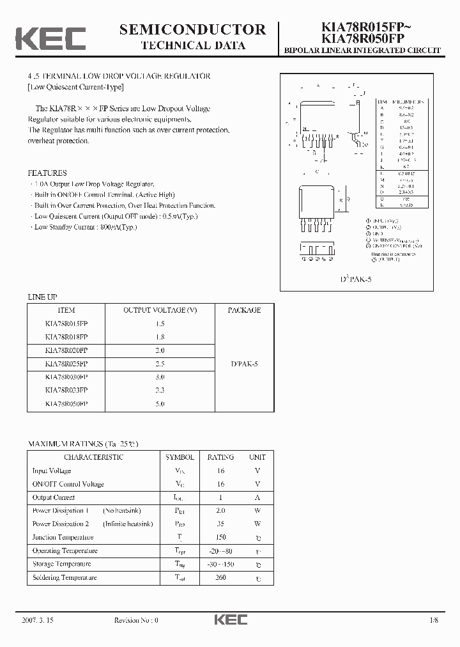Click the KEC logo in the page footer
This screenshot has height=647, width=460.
click(230, 620)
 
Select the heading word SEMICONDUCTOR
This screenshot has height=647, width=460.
click(192, 29)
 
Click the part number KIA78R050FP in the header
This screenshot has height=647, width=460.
click(361, 39)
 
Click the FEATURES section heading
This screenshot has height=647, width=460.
click(47, 173)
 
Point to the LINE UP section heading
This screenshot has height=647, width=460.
click(42, 297)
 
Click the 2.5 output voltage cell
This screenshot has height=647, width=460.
click(160, 364)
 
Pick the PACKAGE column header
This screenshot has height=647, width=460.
click(244, 310)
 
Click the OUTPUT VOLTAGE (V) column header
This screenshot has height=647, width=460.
click(160, 310)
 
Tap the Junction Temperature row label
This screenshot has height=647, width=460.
click(63, 537)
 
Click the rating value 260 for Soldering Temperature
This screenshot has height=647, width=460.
click(221, 577)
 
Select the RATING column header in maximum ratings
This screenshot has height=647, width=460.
click(221, 457)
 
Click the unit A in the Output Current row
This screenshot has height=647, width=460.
click(257, 497)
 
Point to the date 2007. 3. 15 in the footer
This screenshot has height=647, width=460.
click(39, 620)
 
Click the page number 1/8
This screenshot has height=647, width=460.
click(434, 620)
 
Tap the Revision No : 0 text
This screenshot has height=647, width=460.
click(135, 620)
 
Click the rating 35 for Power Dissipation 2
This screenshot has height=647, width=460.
click(221, 524)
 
